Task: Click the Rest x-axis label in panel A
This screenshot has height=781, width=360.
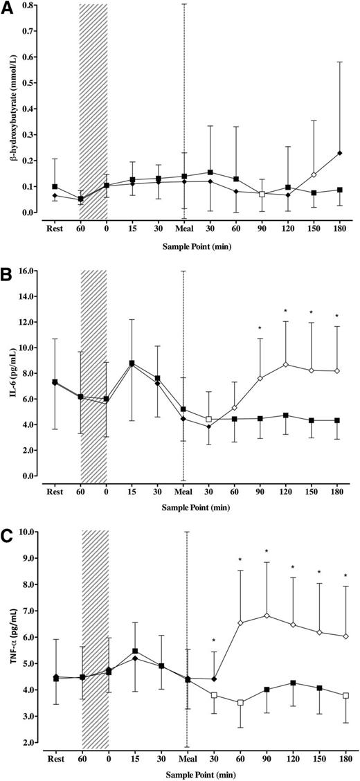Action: tap(54, 227)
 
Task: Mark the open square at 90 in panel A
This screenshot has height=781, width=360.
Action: tap(262, 195)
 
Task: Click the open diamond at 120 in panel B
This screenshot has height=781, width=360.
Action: tap(286, 364)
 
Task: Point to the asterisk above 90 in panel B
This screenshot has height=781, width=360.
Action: tap(260, 328)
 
